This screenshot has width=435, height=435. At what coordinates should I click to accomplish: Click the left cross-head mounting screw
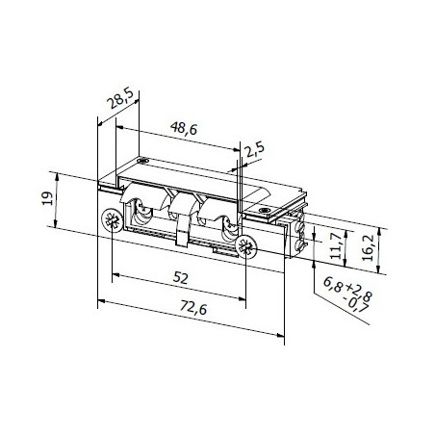pos(114,220)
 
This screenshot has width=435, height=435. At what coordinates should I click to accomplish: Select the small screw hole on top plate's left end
pos(141,161)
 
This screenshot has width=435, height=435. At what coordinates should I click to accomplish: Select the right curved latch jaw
pos(227,223)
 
